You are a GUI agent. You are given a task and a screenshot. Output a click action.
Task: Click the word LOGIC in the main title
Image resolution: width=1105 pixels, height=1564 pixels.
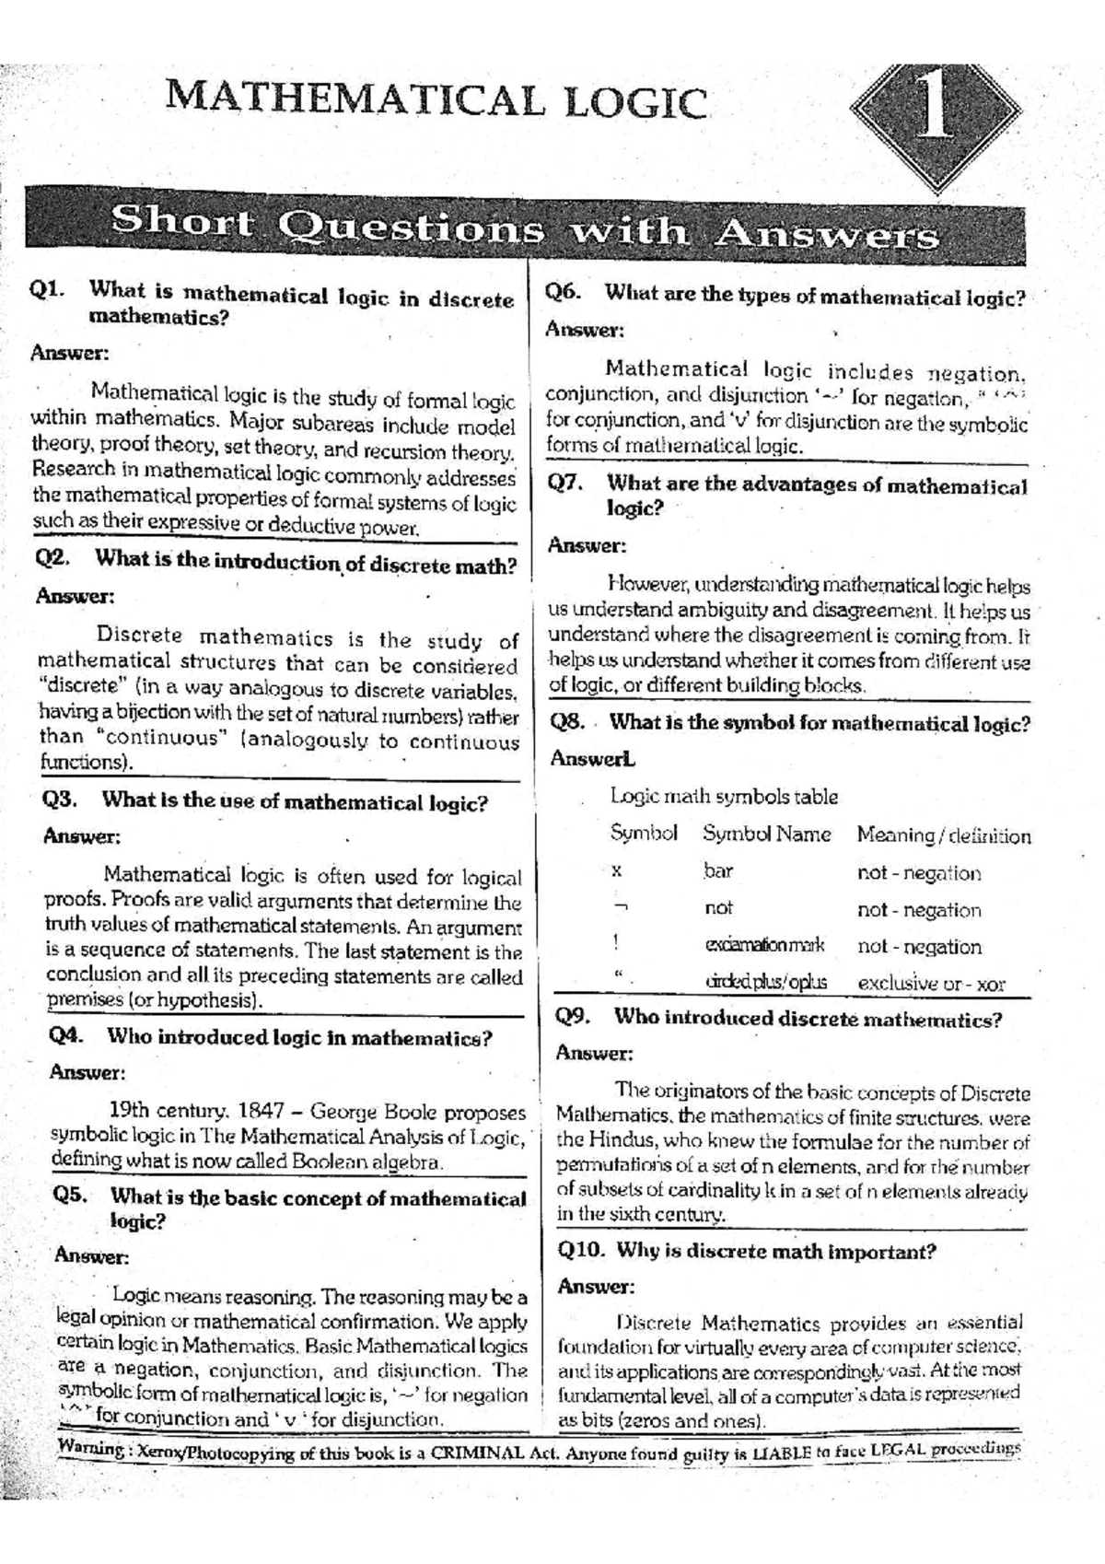point(635,102)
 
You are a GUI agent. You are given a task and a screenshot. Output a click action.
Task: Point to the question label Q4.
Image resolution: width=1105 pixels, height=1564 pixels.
point(66,1034)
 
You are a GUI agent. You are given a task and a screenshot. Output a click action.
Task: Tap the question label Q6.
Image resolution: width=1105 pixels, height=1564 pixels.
point(563,293)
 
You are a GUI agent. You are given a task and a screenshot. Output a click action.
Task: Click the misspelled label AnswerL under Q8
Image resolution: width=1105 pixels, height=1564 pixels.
point(592,759)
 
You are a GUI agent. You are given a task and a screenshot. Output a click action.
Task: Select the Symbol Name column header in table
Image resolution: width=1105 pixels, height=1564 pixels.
point(766,835)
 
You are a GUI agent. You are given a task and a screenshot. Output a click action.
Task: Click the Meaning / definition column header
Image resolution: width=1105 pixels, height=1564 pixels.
point(943,836)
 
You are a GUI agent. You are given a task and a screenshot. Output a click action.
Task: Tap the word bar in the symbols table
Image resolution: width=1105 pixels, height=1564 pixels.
point(717,870)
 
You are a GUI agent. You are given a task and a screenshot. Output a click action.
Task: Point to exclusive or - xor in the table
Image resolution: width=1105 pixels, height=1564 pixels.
point(931,983)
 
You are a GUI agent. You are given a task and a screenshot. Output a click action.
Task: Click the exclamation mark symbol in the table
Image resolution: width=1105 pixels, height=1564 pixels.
point(615,941)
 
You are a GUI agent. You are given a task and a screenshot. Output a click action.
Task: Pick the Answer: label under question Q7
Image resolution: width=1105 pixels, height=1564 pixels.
point(587,545)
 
